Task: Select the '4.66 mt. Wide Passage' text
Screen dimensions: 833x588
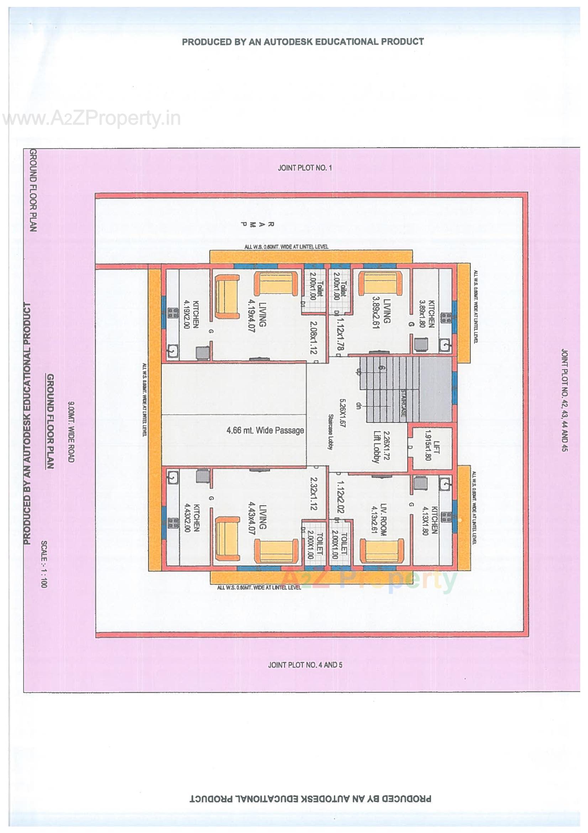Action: coord(265,431)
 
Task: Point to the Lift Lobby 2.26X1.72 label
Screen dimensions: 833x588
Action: coord(380,447)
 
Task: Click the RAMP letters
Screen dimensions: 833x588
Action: coord(258,224)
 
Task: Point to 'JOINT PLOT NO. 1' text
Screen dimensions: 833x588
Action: coord(305,168)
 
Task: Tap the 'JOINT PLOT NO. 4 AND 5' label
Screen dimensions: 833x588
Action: coord(305,665)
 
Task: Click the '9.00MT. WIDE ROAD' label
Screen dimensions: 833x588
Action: coord(71,432)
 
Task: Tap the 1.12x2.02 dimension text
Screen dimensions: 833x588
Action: coord(340,498)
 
